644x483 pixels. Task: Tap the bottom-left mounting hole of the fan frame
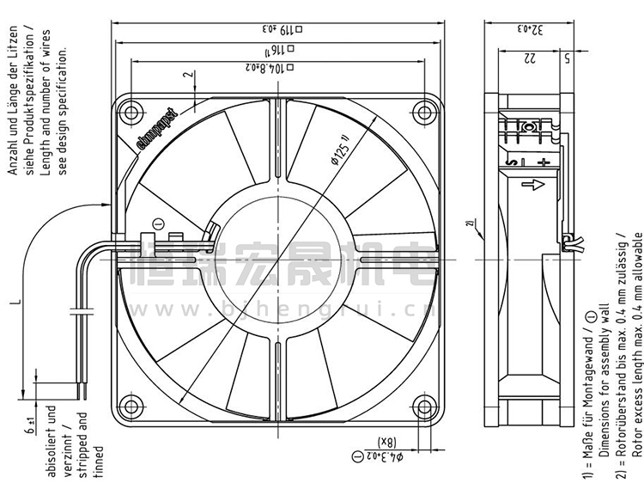[x=132, y=405]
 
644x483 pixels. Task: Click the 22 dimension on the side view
[x=529, y=58]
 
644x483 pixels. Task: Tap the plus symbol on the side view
[x=542, y=161]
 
